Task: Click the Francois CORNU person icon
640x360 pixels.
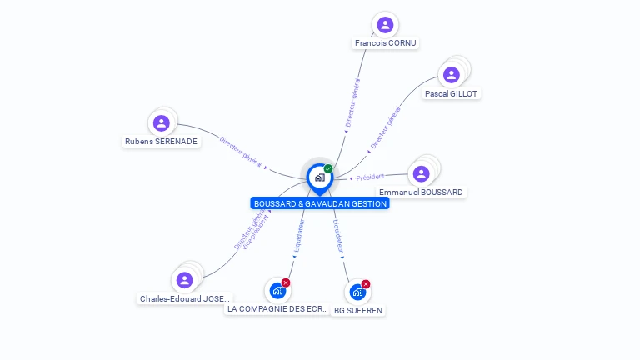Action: (x=384, y=25)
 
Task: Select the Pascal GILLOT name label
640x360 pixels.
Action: (x=451, y=94)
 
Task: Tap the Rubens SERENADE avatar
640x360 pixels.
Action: (x=162, y=123)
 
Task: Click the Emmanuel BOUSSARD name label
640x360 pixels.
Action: (x=421, y=192)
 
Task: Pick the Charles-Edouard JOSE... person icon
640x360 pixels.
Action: (x=185, y=280)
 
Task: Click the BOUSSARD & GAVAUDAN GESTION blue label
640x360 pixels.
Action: (x=320, y=203)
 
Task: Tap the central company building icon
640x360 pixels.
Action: (x=319, y=177)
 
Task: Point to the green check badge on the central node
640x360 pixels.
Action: (x=328, y=168)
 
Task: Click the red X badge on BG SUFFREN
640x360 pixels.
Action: (x=365, y=284)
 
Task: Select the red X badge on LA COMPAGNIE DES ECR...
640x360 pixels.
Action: (x=286, y=282)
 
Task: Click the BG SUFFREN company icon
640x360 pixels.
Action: (x=357, y=292)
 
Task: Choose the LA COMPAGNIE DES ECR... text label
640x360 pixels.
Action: (x=278, y=308)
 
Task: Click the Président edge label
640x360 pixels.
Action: (x=368, y=177)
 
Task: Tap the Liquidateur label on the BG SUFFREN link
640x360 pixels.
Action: (x=338, y=236)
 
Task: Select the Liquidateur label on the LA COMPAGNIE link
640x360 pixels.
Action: (x=300, y=236)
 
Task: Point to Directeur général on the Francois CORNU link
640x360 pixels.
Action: (x=352, y=102)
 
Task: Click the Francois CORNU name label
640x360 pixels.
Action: (x=385, y=43)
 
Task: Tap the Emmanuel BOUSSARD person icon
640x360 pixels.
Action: (x=421, y=173)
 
